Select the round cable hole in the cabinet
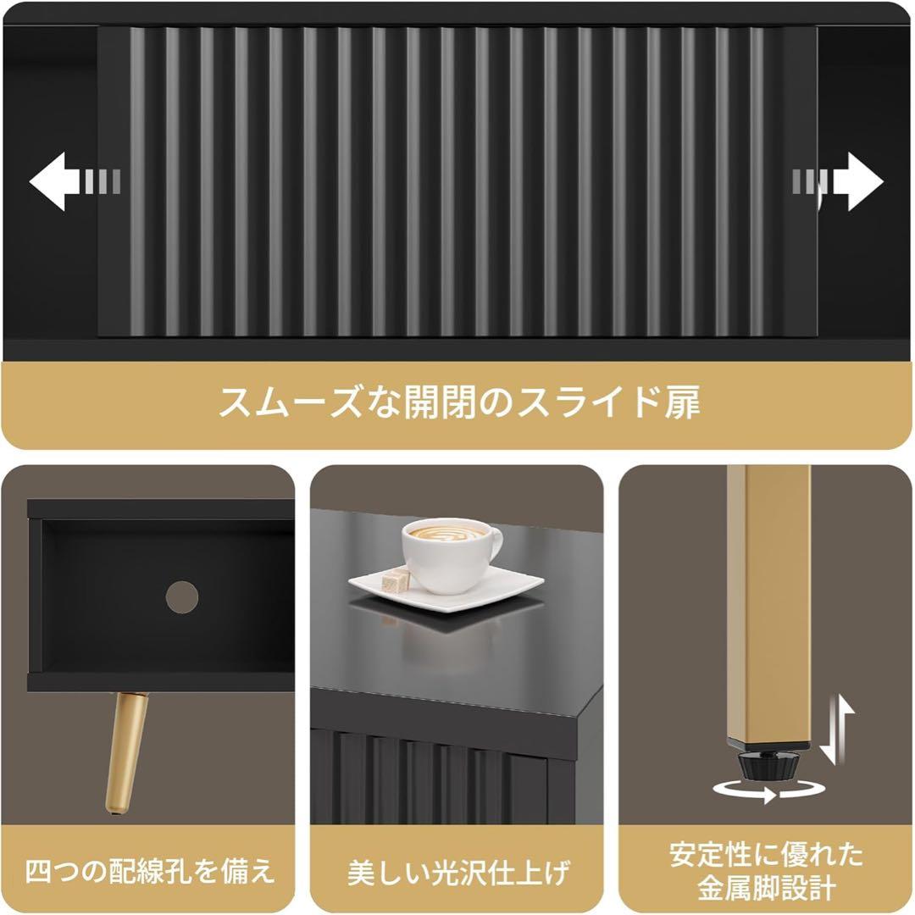[x=181, y=597]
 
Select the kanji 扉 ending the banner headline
[x=679, y=402]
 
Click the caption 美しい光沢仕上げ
[x=457, y=872]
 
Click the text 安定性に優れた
[x=767, y=853]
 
